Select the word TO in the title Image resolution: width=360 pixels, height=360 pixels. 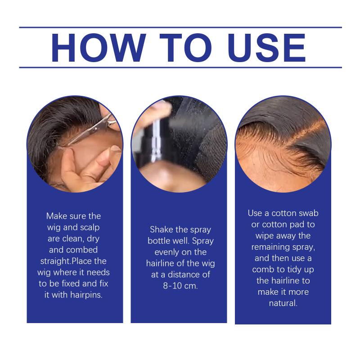coord(186,48)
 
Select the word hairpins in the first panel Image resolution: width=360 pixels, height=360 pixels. coord(86,295)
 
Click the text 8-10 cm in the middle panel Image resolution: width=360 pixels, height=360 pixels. coord(180,286)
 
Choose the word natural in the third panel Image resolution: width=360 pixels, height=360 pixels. coord(283,303)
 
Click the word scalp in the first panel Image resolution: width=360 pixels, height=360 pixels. coord(90,228)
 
